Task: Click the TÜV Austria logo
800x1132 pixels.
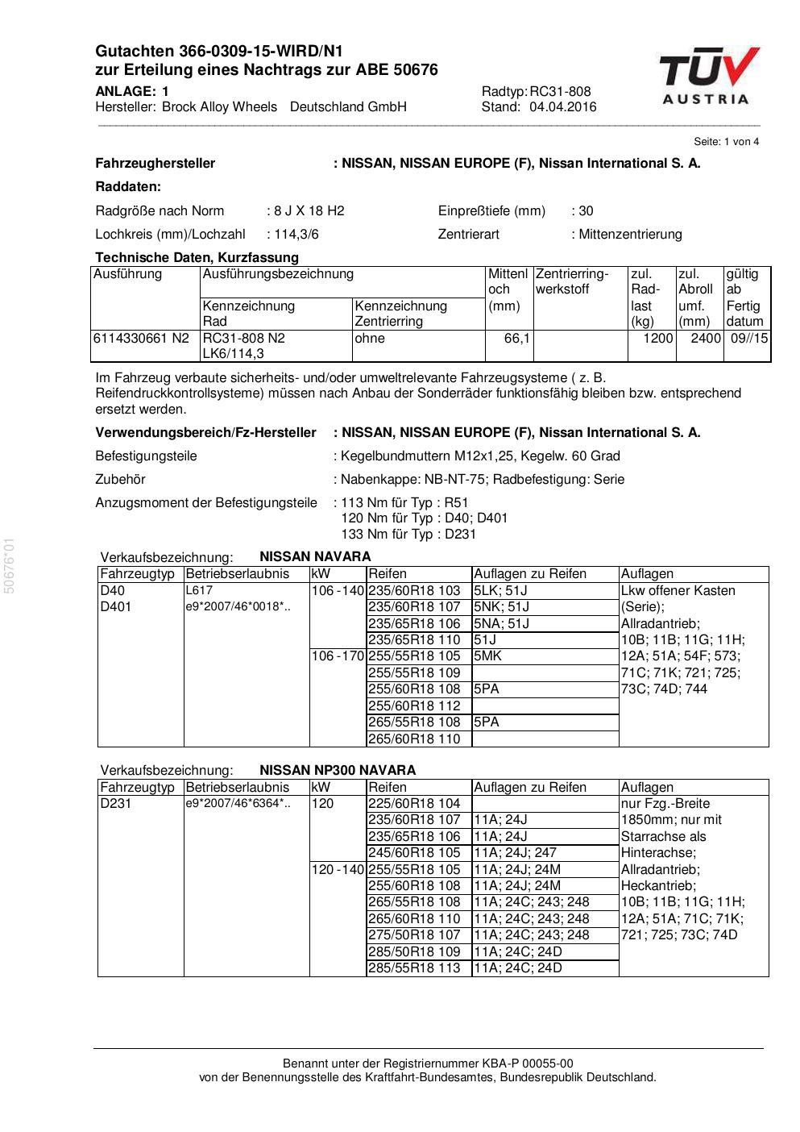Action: [x=709, y=76]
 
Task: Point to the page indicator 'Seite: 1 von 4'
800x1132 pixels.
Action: [x=726, y=142]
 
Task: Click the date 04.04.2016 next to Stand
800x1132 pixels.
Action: [x=562, y=107]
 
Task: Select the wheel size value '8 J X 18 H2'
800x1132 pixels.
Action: [x=309, y=211]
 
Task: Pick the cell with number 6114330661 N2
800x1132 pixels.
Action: [x=141, y=339]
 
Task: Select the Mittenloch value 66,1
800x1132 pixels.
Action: [x=516, y=339]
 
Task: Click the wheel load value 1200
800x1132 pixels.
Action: [x=657, y=339]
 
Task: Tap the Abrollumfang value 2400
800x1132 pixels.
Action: [x=705, y=339]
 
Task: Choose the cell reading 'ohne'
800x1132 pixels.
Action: [x=370, y=339]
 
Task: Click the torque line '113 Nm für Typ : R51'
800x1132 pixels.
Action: [x=404, y=503]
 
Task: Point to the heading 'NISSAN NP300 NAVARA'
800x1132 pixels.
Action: [x=338, y=770]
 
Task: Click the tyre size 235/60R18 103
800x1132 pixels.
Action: [x=414, y=590]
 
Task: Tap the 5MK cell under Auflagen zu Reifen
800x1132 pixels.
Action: [x=487, y=656]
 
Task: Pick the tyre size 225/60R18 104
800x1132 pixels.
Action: [x=414, y=804]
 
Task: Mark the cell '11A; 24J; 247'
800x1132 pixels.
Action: [x=515, y=853]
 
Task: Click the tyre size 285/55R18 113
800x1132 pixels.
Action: [x=414, y=968]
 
